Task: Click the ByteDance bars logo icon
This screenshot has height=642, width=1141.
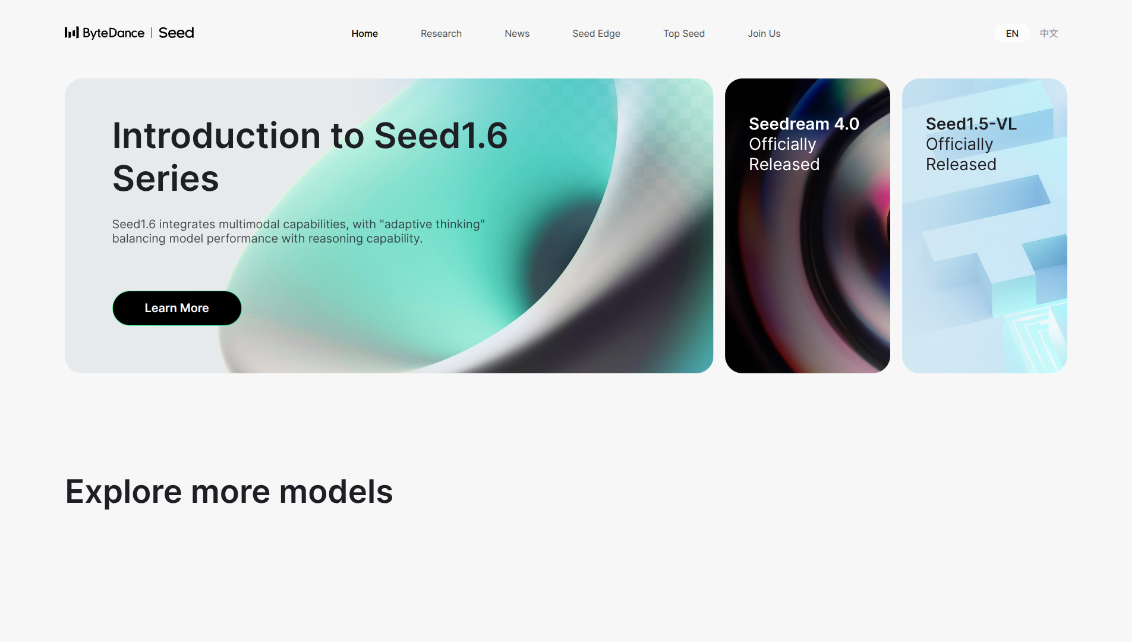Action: coord(71,33)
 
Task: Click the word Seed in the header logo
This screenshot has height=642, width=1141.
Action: coord(176,33)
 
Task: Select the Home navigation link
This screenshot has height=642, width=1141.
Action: coord(364,34)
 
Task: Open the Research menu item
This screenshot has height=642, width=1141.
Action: coord(441,34)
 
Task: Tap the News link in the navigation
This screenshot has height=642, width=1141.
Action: coord(517,34)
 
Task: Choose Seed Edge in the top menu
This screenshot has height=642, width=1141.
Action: coord(596,34)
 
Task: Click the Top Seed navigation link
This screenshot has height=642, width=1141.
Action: coord(684,34)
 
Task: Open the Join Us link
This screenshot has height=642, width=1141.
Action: coord(764,34)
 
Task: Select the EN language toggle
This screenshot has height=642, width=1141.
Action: coord(1012,34)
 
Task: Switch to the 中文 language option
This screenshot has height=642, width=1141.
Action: coord(1049,34)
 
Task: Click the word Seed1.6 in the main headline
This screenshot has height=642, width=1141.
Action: coord(440,136)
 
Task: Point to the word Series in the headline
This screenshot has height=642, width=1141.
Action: coord(166,178)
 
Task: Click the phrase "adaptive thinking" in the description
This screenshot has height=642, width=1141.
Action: coord(432,225)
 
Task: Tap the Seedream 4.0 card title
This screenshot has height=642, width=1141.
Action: coord(803,124)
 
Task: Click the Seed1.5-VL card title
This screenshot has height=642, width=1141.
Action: coord(971,124)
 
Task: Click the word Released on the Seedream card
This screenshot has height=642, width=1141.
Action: coord(784,164)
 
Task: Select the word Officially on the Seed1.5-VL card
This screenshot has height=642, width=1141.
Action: coord(959,144)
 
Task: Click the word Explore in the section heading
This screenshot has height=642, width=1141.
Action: coord(124,492)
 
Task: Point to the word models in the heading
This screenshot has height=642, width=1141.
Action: coord(336,492)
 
